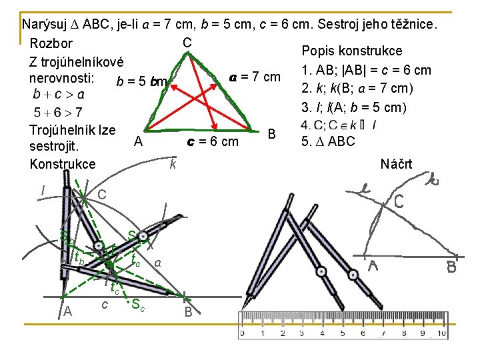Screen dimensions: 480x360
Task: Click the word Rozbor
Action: pos(51,44)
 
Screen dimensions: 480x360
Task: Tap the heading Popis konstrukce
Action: pos(351,51)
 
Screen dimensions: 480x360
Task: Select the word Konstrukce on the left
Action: pos(63,163)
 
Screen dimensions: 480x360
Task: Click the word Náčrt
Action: pos(396,164)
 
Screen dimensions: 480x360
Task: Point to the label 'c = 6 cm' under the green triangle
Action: pos(213,141)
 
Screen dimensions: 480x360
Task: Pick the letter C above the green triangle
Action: pos(187,43)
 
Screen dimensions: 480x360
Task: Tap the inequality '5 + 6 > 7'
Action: pos(59,112)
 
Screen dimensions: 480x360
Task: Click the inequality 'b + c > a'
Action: pos(59,94)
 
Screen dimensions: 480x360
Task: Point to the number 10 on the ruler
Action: pos(441,333)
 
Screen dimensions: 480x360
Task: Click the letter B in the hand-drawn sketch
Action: pos(451,268)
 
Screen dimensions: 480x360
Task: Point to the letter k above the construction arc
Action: pos(173,163)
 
